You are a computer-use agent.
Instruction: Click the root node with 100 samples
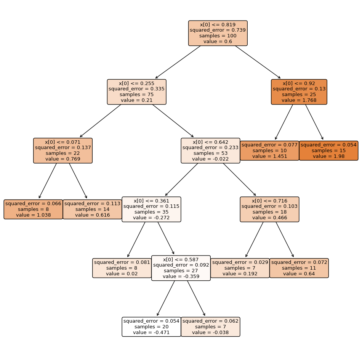pos(218,33)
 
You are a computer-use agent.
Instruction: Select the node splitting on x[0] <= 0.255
pos(136,92)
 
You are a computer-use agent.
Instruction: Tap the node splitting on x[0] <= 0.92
pos(299,92)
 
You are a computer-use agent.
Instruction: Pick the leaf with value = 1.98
pos(328,151)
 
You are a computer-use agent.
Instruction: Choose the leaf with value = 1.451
pos(269,151)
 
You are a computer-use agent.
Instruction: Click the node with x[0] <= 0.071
pos(63,151)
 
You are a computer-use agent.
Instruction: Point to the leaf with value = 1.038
pos(33,209)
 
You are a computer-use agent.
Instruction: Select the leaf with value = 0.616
pos(92,209)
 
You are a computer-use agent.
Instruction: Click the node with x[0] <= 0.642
pos(210,151)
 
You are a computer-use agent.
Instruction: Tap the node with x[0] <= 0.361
pos(151,209)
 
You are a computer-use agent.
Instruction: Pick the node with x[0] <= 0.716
pos(269,209)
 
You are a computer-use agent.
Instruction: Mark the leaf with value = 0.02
pos(122,268)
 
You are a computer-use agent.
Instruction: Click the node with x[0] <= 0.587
pos(181,268)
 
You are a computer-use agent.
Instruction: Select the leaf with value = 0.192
pos(240,268)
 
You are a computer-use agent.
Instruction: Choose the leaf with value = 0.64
pos(299,268)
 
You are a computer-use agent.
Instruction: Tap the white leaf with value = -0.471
pos(151,327)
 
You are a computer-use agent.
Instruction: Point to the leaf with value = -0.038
pos(210,327)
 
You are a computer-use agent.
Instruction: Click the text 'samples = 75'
pos(136,95)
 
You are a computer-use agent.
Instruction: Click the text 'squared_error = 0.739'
pos(218,30)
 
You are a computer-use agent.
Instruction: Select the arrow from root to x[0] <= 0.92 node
pos(258,62)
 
